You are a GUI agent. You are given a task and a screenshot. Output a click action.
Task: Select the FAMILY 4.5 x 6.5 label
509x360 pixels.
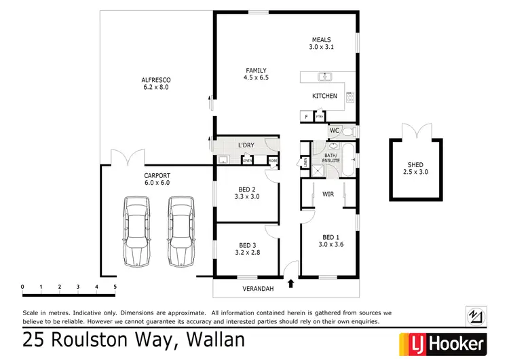pyautogui.click(x=256, y=73)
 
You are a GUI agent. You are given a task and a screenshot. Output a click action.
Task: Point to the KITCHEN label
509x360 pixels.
pyautogui.click(x=324, y=96)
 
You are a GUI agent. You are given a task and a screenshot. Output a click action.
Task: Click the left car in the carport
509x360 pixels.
pyautogui.click(x=136, y=232)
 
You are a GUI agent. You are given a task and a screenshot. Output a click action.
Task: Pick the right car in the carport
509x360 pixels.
pyautogui.click(x=181, y=232)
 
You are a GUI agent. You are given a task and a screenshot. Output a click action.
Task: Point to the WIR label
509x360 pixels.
pyautogui.click(x=328, y=194)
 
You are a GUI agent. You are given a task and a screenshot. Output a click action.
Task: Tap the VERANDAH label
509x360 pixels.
pyautogui.click(x=257, y=289)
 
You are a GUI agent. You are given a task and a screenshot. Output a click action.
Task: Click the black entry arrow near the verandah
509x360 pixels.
pyautogui.click(x=291, y=284)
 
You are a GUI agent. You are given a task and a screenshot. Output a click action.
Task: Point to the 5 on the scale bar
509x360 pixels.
pyautogui.click(x=115, y=287)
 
